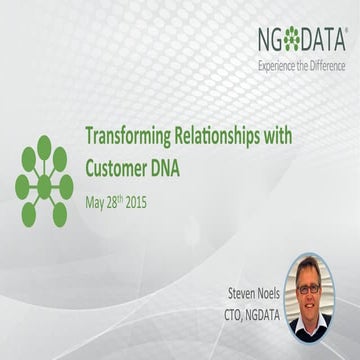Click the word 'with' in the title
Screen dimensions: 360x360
(x=284, y=137)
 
